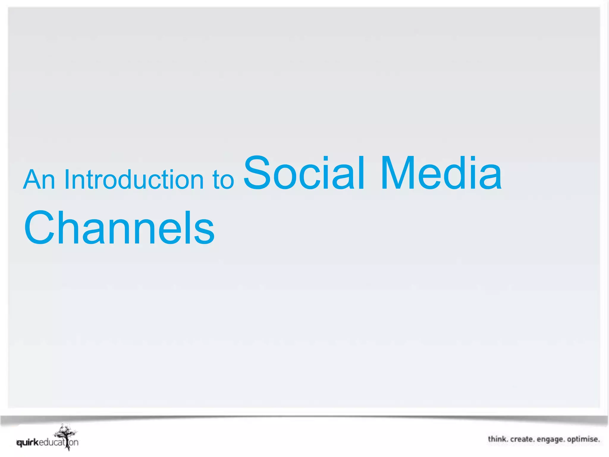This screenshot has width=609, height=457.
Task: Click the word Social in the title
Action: point(304,173)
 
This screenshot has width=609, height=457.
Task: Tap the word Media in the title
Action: point(441,173)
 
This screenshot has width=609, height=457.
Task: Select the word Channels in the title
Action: point(119,228)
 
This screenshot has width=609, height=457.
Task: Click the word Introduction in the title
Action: point(134,180)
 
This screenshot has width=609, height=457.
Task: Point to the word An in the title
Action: point(39,180)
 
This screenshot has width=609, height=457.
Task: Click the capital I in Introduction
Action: point(67,180)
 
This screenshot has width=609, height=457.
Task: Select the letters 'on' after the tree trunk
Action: point(74,443)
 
